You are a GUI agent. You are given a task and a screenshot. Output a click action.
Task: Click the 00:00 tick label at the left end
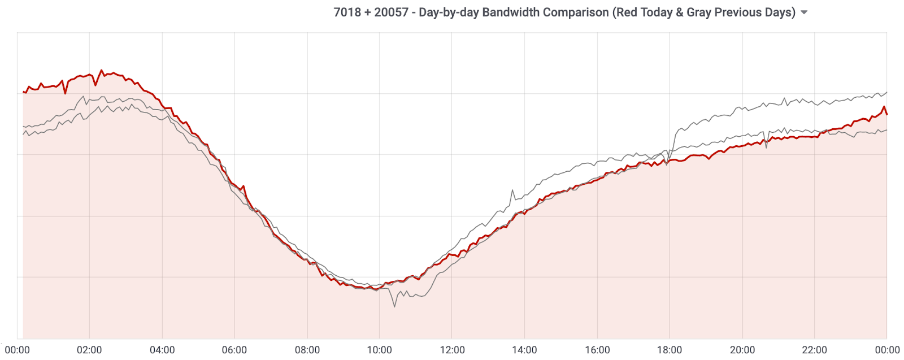click(x=17, y=350)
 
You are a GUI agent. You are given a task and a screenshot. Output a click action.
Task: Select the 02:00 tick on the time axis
click(x=89, y=350)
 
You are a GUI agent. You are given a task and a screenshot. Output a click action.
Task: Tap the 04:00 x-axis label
click(x=162, y=350)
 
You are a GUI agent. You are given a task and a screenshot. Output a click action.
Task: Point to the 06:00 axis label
click(x=234, y=350)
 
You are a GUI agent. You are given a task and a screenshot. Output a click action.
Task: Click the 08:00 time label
click(x=307, y=350)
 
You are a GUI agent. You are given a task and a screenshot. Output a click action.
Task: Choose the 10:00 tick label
click(x=380, y=350)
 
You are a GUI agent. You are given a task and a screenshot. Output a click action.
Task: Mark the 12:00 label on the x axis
click(x=452, y=350)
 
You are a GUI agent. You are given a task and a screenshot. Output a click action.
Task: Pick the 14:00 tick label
click(x=524, y=350)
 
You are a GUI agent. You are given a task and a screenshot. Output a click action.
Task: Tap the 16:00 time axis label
click(x=597, y=350)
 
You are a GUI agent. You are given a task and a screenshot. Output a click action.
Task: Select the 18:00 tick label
click(x=670, y=350)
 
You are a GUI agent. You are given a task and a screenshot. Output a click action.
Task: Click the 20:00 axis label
click(x=742, y=350)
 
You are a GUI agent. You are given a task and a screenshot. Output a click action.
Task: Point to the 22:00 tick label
click(x=815, y=350)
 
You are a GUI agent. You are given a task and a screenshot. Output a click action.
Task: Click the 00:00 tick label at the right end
click(x=888, y=350)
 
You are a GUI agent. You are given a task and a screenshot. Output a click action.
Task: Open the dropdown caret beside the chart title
click(x=804, y=12)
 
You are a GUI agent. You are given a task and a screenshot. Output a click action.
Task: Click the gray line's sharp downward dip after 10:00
click(x=394, y=306)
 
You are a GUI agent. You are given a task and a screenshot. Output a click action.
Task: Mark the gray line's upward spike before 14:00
click(x=512, y=190)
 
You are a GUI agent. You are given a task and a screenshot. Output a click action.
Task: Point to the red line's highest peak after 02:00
click(x=102, y=71)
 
